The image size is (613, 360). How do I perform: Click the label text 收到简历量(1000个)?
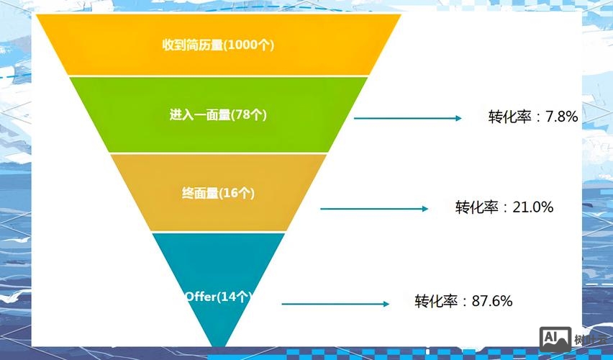click(x=218, y=45)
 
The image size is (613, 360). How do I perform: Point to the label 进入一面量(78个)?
click(x=218, y=114)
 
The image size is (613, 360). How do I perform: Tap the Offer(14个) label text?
click(x=218, y=297)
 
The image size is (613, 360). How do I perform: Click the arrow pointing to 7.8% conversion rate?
click(x=407, y=117)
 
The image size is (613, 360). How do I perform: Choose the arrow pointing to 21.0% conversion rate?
click(x=374, y=209)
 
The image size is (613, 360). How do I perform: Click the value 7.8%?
click(x=562, y=117)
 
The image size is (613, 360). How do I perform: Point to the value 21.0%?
click(x=532, y=207)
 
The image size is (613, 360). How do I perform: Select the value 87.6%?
click(x=492, y=301)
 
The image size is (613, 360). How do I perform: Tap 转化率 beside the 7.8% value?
click(x=509, y=117)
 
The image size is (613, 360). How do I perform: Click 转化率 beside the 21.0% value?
click(x=476, y=207)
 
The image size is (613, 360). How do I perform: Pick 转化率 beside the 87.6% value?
click(x=436, y=301)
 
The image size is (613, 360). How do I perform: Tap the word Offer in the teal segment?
click(x=201, y=297)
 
